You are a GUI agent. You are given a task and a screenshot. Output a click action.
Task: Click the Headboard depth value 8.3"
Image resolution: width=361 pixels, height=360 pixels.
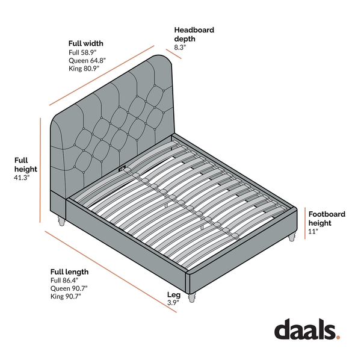tap(180, 48)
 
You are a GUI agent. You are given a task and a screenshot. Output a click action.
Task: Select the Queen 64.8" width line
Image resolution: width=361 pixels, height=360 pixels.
tap(87, 61)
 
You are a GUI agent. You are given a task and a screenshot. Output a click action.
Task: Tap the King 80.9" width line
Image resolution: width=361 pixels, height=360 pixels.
tap(84, 69)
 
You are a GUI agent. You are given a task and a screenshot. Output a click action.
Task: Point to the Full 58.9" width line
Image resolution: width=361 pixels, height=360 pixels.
tap(82, 52)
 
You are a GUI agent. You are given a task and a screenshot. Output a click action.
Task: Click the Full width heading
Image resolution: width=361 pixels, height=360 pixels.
tap(85, 43)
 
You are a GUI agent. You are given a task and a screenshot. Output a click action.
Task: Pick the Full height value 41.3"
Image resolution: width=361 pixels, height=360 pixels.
tap(22, 178)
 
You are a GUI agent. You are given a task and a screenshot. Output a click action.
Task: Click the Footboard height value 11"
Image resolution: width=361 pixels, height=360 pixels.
tap(313, 231)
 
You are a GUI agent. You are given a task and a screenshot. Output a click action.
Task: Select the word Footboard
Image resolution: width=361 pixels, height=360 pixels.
tap(327, 214)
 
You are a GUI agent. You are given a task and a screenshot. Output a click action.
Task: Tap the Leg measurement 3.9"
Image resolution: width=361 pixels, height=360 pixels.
tap(173, 303)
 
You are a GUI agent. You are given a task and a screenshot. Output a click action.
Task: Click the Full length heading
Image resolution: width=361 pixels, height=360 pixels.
tap(69, 272)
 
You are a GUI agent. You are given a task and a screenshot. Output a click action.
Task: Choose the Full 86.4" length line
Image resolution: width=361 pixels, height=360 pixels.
tap(64, 281)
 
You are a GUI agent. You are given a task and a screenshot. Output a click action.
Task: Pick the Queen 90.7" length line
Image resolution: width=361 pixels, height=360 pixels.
tap(69, 288)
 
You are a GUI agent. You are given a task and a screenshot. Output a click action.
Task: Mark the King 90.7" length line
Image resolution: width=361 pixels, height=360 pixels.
tap(66, 296)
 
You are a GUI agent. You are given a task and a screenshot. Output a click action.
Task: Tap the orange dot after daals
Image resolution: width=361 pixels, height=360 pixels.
tap(338, 337)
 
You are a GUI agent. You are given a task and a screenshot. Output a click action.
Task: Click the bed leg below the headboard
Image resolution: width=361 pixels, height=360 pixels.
tap(61, 221)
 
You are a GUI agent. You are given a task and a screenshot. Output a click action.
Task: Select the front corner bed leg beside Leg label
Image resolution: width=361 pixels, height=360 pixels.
tap(192, 297)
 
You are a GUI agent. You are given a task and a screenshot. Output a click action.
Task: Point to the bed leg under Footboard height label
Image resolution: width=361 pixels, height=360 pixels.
tap(292, 237)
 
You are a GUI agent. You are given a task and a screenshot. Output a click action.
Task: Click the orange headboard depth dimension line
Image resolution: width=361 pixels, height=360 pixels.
tap(174, 54)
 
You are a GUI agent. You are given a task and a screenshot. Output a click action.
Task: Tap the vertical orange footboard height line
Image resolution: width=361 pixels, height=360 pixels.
tap(305, 223)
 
